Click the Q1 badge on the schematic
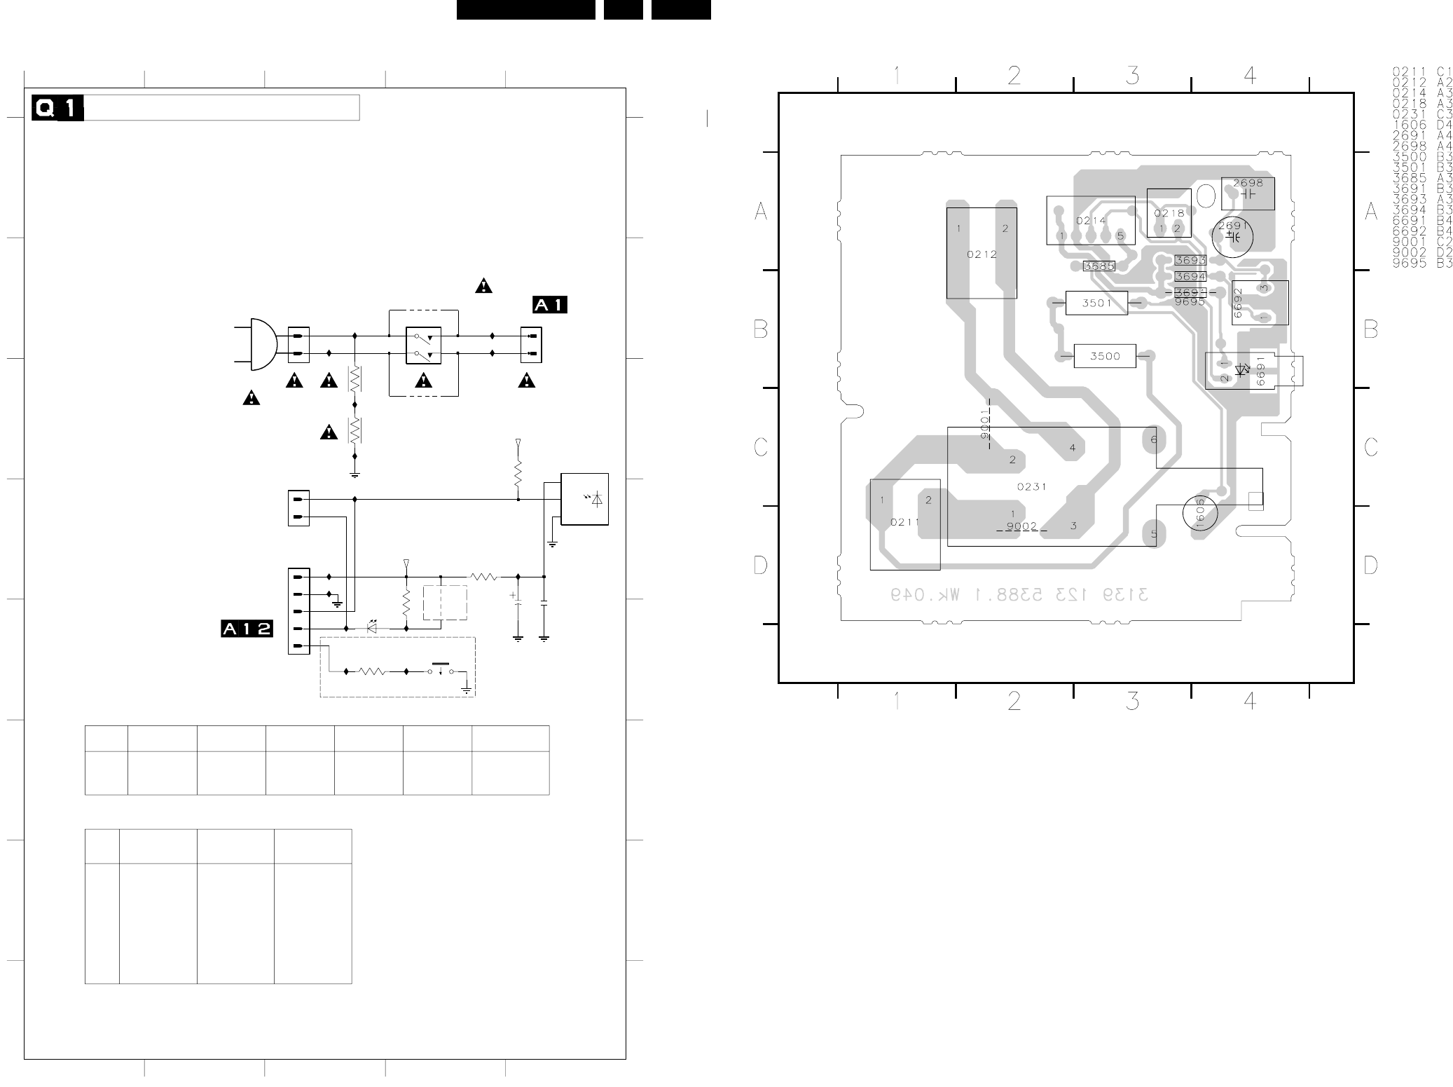(x=57, y=109)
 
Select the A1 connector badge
(x=549, y=305)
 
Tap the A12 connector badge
(x=247, y=629)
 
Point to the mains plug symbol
(x=261, y=344)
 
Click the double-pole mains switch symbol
(x=423, y=345)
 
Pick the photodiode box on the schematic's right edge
(x=584, y=499)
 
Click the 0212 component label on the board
(x=982, y=254)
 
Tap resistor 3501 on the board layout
(x=1096, y=303)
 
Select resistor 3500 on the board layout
(x=1105, y=356)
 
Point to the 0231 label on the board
(x=1031, y=486)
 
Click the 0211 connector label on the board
(x=904, y=522)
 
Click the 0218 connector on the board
(x=1169, y=214)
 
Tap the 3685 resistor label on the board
(x=1099, y=266)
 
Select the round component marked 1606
(x=1199, y=514)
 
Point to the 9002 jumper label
(x=1021, y=526)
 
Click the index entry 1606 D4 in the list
(x=1421, y=125)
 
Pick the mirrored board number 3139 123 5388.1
(x=1019, y=595)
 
